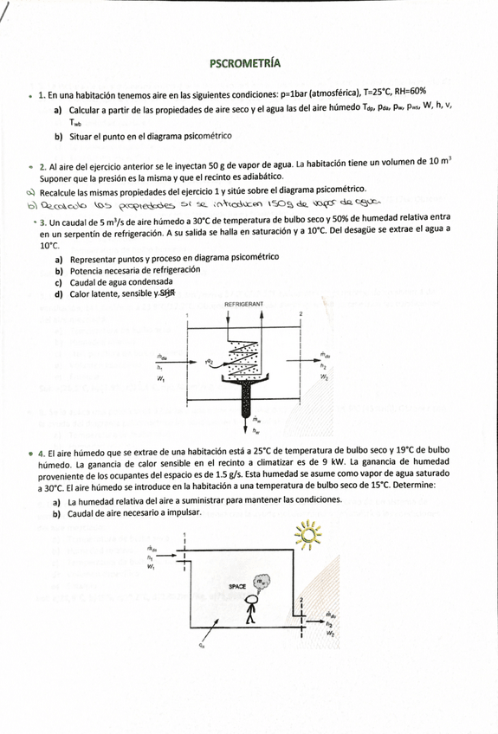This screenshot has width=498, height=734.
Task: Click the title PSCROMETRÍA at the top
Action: point(245,63)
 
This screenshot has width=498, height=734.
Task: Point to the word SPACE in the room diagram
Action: point(237,587)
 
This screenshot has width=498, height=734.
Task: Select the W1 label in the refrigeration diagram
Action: point(161,378)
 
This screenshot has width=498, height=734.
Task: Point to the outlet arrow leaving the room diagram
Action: point(317,615)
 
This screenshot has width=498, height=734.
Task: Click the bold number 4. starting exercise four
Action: point(42,453)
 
